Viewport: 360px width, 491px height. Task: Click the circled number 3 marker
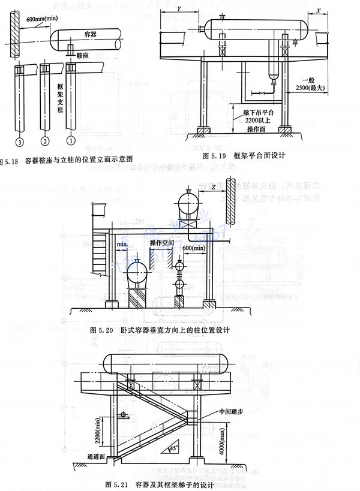(x=19, y=142)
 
